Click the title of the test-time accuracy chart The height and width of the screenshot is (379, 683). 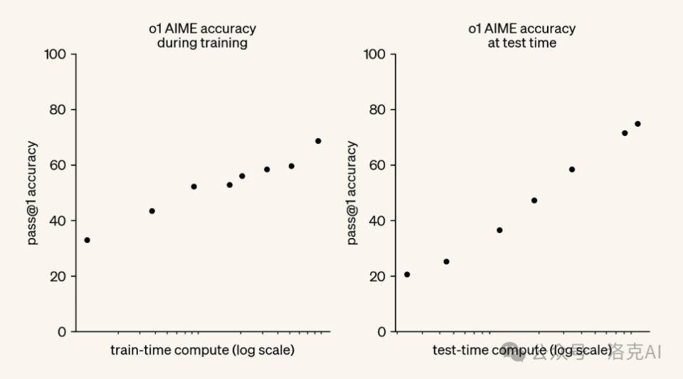coord(521,36)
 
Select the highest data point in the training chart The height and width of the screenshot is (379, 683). coord(318,141)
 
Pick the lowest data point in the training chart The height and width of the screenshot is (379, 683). coord(87,240)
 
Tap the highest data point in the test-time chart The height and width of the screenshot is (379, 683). coord(637,124)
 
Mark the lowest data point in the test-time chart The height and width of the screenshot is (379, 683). coord(407,274)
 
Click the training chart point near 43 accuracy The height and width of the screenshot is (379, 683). coord(152,211)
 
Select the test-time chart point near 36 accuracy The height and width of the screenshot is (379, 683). coord(499,230)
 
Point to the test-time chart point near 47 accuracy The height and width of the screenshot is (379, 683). coord(534,200)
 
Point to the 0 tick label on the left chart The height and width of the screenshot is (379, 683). coord(62,332)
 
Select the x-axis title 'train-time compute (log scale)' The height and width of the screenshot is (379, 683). coord(202,351)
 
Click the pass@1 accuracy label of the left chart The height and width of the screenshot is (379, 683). coord(33,193)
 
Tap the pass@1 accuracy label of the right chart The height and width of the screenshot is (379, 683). coord(352,193)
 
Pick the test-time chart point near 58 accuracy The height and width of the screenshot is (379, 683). coord(572,170)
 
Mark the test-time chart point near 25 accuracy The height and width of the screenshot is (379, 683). coord(446,261)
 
